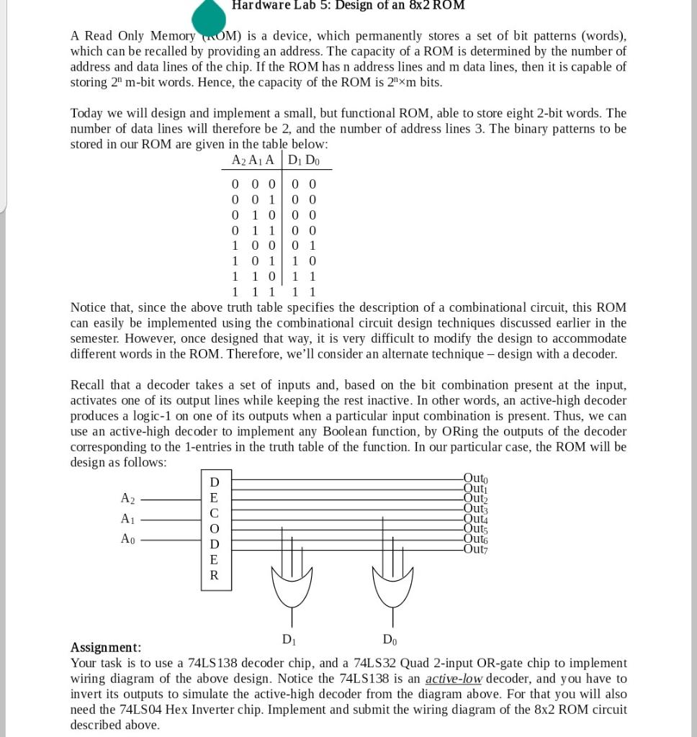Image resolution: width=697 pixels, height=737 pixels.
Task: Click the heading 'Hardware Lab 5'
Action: (x=348, y=6)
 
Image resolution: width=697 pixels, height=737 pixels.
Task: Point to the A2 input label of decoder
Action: (x=127, y=498)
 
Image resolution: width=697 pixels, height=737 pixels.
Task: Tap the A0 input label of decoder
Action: (x=127, y=539)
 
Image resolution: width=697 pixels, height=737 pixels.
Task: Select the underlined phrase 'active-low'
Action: (x=453, y=679)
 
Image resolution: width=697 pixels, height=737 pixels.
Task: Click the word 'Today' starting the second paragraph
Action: (x=87, y=113)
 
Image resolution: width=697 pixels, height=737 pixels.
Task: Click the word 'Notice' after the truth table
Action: (x=89, y=307)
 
